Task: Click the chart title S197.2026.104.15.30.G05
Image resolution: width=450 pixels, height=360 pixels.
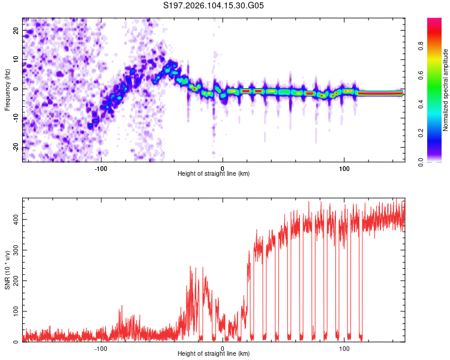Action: (214, 6)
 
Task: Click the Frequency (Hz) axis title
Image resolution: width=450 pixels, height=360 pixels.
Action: (7, 89)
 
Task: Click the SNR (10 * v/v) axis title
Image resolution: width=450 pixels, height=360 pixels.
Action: (7, 269)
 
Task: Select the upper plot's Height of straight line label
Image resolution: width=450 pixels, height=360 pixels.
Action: (214, 173)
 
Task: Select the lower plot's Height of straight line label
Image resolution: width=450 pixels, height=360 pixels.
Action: (214, 354)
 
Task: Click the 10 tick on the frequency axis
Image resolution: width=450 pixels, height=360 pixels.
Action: (16, 59)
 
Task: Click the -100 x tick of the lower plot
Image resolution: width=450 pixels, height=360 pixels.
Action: (101, 348)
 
